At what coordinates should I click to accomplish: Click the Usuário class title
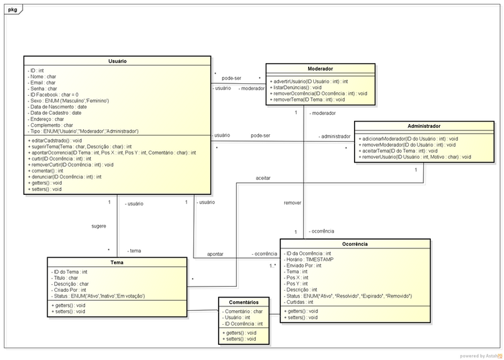pyautogui.click(x=118, y=61)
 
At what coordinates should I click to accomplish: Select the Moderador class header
pyautogui.click(x=320, y=69)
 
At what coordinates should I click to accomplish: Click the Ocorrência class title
pyautogui.click(x=357, y=243)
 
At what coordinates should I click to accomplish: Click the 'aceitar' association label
pyautogui.click(x=263, y=179)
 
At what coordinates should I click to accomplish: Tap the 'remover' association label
pyautogui.click(x=292, y=204)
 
